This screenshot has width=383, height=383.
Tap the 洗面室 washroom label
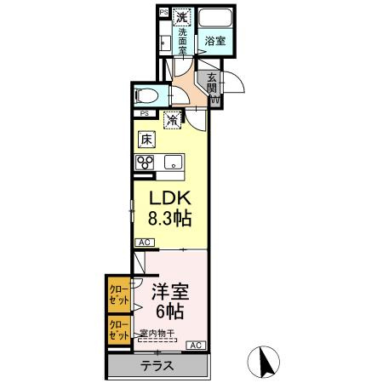(181, 41)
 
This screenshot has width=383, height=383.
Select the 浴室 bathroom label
(214, 40)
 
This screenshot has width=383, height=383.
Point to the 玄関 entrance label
(212, 83)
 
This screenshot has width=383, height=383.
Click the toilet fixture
(150, 95)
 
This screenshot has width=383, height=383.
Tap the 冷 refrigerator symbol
(173, 120)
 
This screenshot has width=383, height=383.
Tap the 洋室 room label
(168, 290)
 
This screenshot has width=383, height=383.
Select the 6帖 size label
(168, 311)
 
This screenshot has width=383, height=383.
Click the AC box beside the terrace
(195, 345)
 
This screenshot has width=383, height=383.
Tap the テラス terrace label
(157, 367)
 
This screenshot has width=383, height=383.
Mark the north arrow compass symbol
(266, 363)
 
